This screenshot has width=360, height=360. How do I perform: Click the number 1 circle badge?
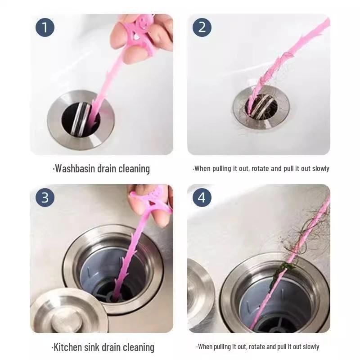click(x=45, y=27)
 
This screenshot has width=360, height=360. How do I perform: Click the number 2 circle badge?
click(x=202, y=27)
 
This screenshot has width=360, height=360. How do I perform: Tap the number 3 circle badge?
click(x=45, y=198)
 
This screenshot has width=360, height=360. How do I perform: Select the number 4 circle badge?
click(x=202, y=198)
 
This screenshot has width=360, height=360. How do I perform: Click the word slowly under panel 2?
click(x=321, y=169)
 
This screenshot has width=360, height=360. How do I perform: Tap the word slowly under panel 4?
click(x=311, y=346)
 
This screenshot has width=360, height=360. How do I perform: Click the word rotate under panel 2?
click(x=260, y=169)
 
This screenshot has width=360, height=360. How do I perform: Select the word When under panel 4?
click(x=205, y=346)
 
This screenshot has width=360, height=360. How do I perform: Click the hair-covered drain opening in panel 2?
click(x=261, y=107)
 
